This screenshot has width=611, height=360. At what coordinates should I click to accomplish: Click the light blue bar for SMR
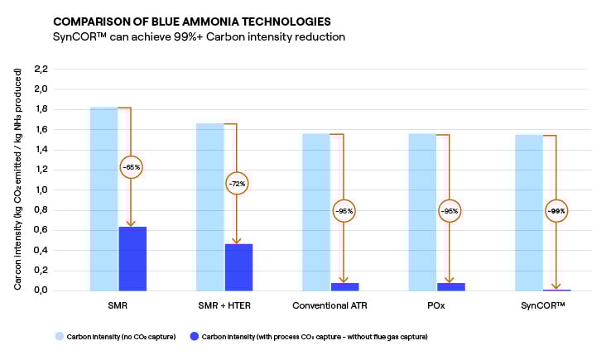pos(103,199)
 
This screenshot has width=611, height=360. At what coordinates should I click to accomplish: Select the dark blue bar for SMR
pos(132,258)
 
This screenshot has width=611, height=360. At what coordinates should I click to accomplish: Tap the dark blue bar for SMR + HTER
pos(238,267)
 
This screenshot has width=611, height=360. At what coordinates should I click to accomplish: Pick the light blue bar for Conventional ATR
pos(316,212)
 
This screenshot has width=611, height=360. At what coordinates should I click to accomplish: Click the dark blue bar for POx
pos(451,286)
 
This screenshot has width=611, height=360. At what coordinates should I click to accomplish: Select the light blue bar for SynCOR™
pos(529,212)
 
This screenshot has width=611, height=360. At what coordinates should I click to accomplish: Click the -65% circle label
pos(132,167)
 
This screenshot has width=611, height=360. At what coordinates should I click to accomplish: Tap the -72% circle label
pos(237,183)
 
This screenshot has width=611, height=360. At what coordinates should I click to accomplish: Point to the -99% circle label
pos(556,211)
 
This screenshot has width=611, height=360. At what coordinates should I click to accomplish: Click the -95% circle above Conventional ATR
pos(344,211)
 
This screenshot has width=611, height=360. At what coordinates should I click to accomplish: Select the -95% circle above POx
pos(450,211)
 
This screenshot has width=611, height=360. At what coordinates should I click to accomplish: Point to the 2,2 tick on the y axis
pos(41,69)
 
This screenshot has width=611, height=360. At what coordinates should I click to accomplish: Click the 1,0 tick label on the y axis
pos(41,190)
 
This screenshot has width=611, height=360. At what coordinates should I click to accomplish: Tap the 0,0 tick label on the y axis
pos(41,290)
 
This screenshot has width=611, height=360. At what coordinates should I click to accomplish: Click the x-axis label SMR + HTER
pos(224,305)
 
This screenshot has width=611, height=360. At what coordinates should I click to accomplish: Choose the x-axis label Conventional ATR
pos(330,305)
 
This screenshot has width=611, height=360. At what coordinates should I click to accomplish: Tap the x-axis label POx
pos(436,305)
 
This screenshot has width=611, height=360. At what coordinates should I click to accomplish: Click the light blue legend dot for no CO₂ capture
pos(59,337)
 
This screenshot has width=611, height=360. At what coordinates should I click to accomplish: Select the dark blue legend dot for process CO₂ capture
pos(195,337)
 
